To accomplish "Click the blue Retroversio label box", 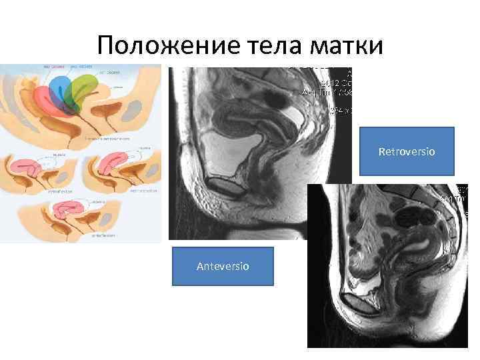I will pos(407,151).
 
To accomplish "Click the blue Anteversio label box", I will pos(223,266).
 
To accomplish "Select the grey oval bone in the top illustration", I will pos(133,107).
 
